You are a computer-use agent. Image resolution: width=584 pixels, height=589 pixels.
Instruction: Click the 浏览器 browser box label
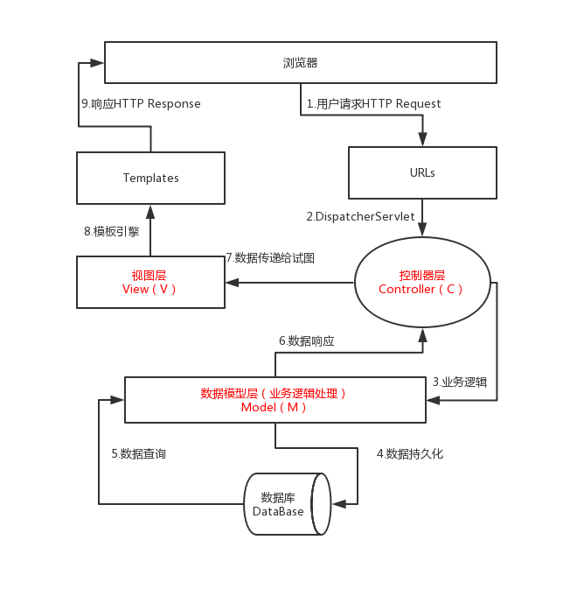[x=300, y=63]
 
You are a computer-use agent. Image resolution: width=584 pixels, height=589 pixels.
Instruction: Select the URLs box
[x=422, y=172]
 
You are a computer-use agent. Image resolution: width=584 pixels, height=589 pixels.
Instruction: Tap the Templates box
[x=151, y=178]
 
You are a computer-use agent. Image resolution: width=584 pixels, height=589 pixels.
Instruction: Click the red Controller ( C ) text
[x=421, y=289]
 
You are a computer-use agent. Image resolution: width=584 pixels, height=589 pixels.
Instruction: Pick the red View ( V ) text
[x=149, y=289]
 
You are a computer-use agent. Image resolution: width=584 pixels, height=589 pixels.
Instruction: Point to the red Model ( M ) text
[x=274, y=407]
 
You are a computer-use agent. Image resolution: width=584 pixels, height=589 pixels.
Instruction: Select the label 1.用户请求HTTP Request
[x=374, y=103]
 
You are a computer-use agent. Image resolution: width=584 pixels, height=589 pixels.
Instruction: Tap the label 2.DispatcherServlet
[x=360, y=217]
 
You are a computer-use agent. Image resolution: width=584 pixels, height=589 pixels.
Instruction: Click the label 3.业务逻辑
[x=460, y=382]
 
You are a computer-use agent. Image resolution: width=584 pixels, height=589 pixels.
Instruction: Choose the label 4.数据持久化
[x=410, y=453]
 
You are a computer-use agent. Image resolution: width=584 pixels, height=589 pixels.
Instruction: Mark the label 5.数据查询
[x=138, y=453]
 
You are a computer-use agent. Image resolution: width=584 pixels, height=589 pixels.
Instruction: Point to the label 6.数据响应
[x=307, y=341]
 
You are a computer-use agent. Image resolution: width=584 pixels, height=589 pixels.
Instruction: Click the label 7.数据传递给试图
[x=270, y=258]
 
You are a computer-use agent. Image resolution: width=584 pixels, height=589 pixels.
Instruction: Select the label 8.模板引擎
[x=112, y=231]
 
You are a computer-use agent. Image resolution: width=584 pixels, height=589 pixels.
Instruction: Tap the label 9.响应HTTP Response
[x=141, y=103]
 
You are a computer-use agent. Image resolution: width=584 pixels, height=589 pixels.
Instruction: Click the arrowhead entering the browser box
[x=97, y=63]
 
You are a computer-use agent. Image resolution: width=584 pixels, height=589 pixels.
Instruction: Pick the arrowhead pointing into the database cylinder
[x=339, y=504]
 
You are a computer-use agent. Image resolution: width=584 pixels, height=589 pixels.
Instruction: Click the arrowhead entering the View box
[x=233, y=283]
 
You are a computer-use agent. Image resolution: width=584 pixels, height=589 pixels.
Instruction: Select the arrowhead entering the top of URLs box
[x=422, y=139]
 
